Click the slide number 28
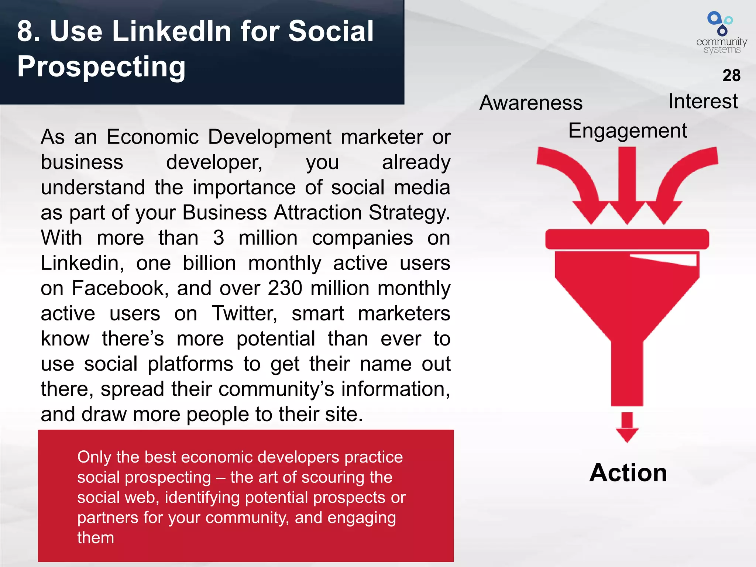731,75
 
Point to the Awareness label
531,103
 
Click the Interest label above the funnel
703,101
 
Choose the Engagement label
628,131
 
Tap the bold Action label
628,472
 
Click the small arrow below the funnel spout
627,427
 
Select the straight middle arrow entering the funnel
627,185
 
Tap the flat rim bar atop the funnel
627,239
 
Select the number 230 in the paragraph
285,288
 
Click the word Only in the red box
94,457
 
